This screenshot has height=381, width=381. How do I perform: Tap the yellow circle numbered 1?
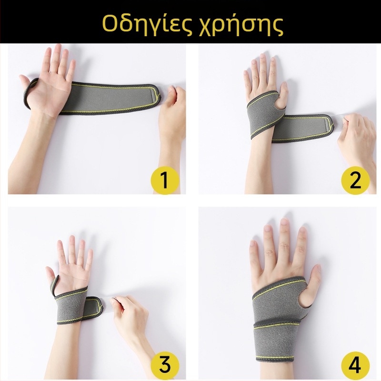coord(165,180)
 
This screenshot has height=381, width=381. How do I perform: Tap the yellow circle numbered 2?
coord(355,180)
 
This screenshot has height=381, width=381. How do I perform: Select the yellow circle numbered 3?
coord(165,365)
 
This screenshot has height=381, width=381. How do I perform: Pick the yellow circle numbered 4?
coord(355,365)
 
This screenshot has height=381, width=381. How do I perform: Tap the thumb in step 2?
coord(282,93)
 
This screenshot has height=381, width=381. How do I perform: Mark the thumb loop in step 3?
coord(55,285)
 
